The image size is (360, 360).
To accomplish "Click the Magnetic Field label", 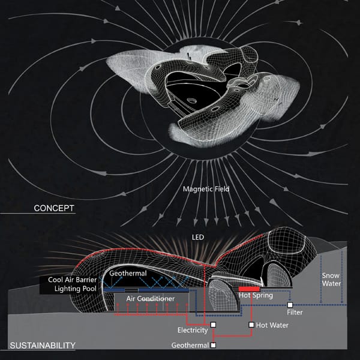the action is click(x=206, y=189).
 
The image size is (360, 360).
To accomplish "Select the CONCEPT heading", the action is click(x=54, y=208).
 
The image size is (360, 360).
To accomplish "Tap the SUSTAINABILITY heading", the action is click(x=43, y=346).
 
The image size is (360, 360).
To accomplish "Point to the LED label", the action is click(x=197, y=237).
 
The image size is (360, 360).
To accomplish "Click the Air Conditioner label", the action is click(x=151, y=298).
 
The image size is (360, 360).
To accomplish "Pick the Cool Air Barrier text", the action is click(x=73, y=280).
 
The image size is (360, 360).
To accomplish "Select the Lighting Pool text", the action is click(x=76, y=289).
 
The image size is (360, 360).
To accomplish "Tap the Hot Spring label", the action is click(x=256, y=295).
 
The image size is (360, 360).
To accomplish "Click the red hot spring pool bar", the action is click(x=250, y=289).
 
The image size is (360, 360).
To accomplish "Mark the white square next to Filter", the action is click(x=290, y=305).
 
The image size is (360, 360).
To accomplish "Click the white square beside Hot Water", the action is click(x=251, y=325).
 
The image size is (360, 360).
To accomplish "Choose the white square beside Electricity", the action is click(x=213, y=325).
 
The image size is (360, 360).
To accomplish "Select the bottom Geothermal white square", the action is click(x=213, y=345).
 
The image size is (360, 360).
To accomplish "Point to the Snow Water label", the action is click(x=331, y=280).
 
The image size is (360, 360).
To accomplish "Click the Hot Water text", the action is click(x=272, y=325).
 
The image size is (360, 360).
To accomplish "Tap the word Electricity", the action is click(x=193, y=330).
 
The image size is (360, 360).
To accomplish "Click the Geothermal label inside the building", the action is click(x=128, y=273).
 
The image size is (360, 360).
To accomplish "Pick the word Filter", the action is click(x=295, y=312).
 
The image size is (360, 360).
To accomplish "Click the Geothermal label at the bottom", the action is click(x=190, y=345).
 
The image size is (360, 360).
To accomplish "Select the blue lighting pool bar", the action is click(x=146, y=290).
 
